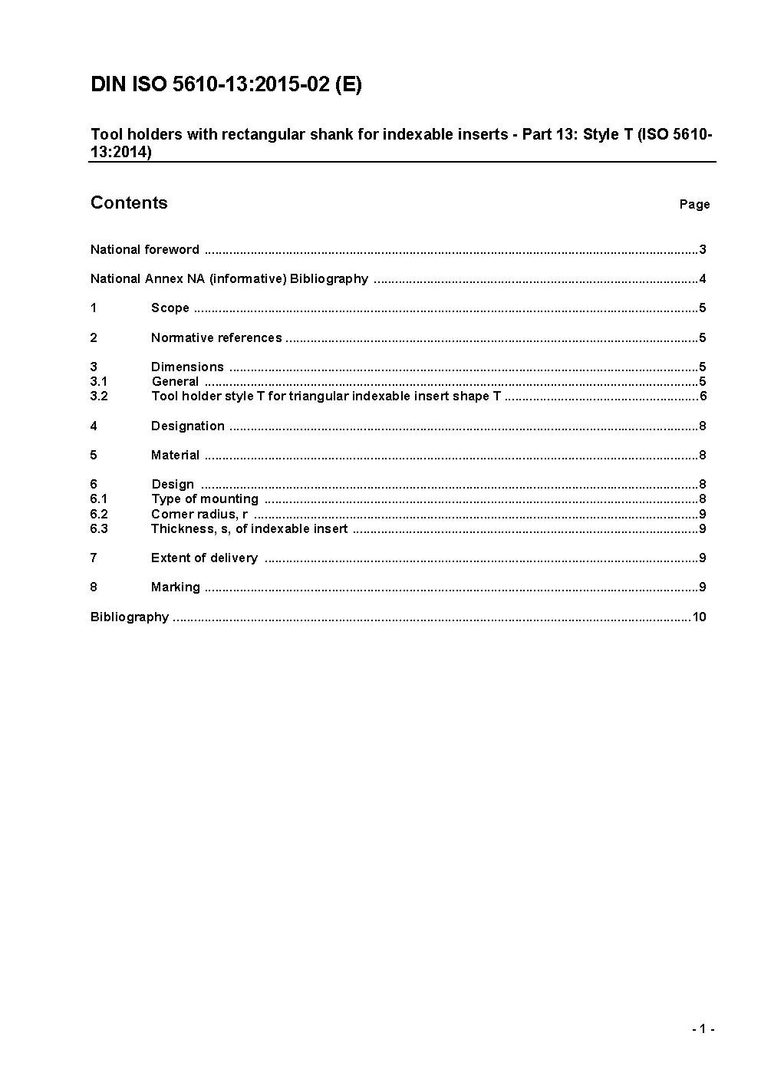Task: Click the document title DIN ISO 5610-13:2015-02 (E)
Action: (226, 84)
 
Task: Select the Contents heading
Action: (129, 202)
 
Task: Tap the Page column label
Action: (694, 204)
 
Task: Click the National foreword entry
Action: (145, 249)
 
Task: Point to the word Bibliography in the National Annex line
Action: (329, 278)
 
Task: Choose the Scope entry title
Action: (170, 308)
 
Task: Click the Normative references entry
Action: (216, 337)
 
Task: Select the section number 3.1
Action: (99, 381)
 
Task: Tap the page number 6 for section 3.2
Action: (703, 396)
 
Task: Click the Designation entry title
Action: (188, 426)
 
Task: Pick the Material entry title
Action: (175, 455)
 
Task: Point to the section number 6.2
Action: (99, 514)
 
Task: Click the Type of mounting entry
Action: (205, 499)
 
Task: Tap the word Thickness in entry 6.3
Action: (180, 528)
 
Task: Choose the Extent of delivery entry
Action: (204, 558)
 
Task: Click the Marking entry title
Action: (175, 587)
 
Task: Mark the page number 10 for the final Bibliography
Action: (699, 617)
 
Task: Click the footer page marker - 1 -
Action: (703, 1029)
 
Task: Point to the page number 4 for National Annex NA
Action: (703, 278)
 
